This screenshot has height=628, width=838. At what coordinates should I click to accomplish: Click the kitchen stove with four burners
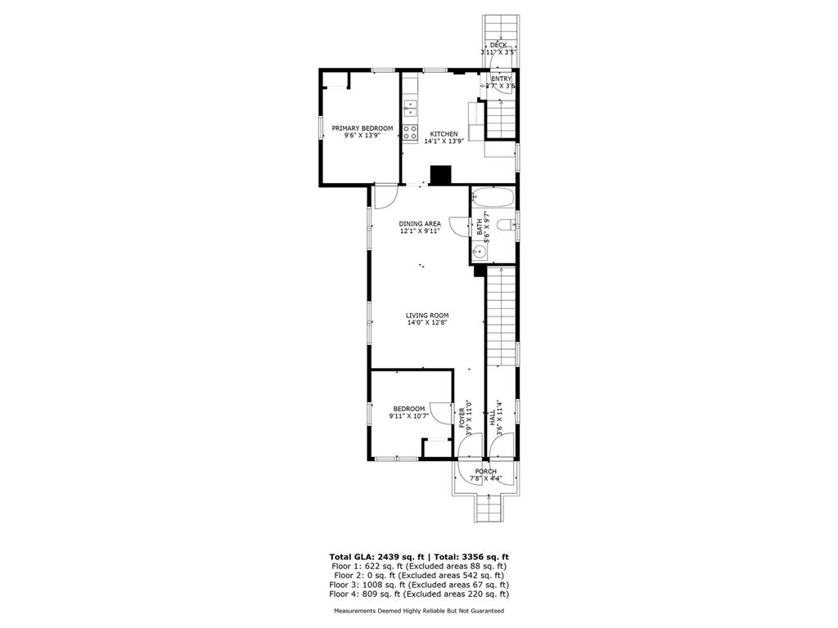point(409,133)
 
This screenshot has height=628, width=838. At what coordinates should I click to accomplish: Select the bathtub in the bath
point(493,197)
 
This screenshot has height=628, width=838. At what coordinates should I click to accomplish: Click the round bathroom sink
point(480,253)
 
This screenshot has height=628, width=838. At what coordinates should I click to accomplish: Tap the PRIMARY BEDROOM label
point(362,128)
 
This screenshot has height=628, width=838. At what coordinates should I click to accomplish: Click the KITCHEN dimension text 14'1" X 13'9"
point(444,141)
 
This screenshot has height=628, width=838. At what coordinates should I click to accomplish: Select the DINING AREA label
point(420,223)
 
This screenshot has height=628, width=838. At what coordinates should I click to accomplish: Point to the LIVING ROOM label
point(427,315)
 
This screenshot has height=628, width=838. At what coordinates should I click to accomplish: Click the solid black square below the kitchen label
point(441,175)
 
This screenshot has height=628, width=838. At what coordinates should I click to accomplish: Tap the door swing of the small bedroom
point(442,413)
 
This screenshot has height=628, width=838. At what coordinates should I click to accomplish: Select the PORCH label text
point(485,471)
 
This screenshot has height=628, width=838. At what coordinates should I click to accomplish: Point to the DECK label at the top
point(498,45)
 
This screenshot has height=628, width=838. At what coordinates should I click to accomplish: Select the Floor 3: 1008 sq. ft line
point(418,585)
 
